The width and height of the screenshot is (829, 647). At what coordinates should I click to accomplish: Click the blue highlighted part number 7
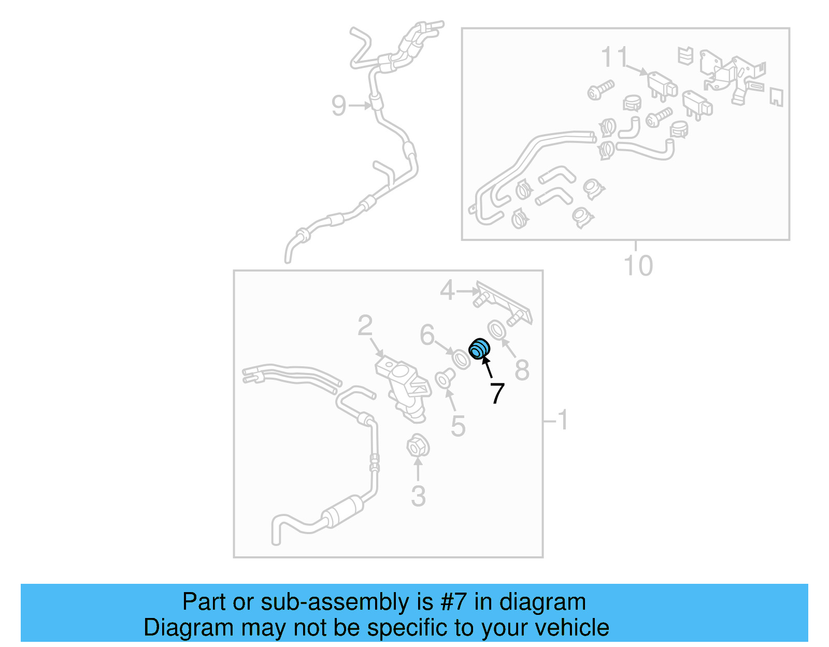[479, 349]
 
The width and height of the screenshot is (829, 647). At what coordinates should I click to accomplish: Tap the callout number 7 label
[497, 394]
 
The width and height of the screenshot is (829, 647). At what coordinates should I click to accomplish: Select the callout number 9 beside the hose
[338, 106]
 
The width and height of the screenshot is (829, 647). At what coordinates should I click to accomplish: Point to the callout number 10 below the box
[638, 266]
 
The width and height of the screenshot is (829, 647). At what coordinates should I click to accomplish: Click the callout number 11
[614, 57]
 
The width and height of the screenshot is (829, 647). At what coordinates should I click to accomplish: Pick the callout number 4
[447, 290]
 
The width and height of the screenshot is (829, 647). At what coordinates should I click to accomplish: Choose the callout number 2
[365, 326]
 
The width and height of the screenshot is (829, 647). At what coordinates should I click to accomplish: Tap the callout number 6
[427, 335]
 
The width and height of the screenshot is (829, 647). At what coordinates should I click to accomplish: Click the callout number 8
[522, 370]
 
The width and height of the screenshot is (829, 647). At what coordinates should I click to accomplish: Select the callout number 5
[458, 426]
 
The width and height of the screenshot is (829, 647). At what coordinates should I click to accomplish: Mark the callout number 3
[418, 496]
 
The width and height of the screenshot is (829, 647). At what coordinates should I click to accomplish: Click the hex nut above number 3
[417, 446]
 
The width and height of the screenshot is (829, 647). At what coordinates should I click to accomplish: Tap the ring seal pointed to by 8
[496, 329]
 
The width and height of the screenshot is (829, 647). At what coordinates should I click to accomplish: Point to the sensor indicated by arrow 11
[662, 84]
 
